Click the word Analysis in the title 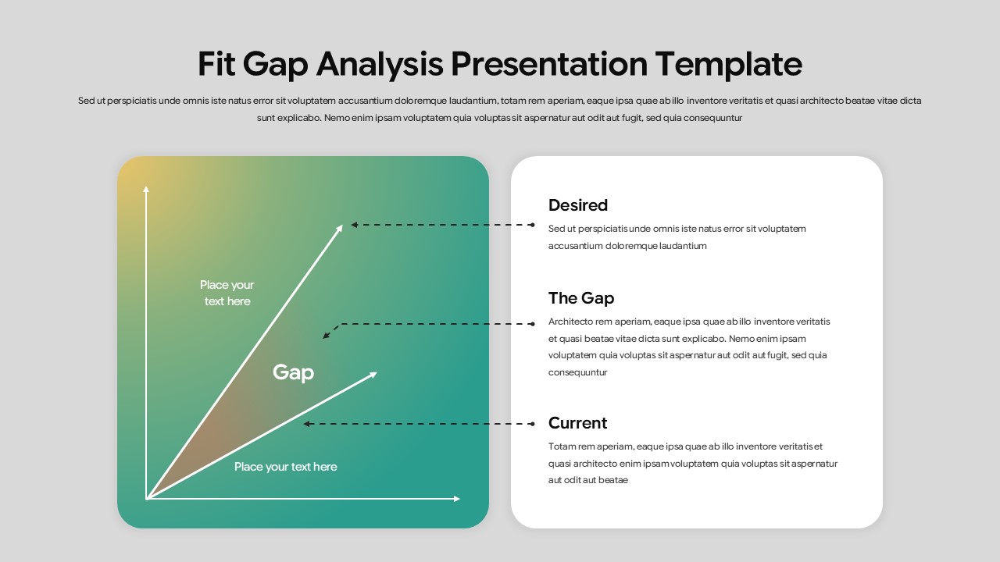coord(381,64)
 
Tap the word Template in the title coord(728,64)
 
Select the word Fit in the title coord(216,64)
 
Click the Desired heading coord(577,205)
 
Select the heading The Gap coord(580,298)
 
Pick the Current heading coord(577,423)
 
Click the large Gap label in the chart coord(293,372)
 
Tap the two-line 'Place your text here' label coord(227,293)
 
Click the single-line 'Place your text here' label coord(285,467)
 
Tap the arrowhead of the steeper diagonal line coord(341,226)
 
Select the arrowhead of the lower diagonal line coord(374,373)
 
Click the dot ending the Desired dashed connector coord(532,225)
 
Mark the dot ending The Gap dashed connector coord(532,323)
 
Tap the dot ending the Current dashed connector coord(532,424)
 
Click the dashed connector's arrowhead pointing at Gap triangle coord(326,336)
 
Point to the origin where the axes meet coord(147,498)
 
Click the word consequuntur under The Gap coord(577,372)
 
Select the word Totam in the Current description coord(562,446)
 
